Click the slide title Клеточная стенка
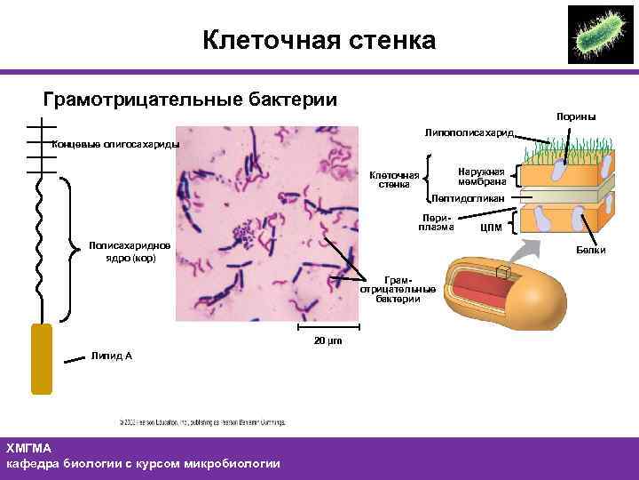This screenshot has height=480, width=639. tap(319, 40)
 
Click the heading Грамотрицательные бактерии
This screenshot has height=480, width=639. tap(190, 99)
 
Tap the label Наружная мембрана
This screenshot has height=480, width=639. tap(481, 178)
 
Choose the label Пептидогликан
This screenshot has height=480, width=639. tap(468, 197)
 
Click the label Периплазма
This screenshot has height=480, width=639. tap(436, 221)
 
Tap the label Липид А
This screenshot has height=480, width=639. tap(111, 356)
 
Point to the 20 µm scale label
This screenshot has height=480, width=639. tap(327, 341)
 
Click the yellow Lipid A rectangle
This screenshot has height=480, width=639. tap(42, 358)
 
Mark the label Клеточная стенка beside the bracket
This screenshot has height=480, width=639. tap(393, 180)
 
